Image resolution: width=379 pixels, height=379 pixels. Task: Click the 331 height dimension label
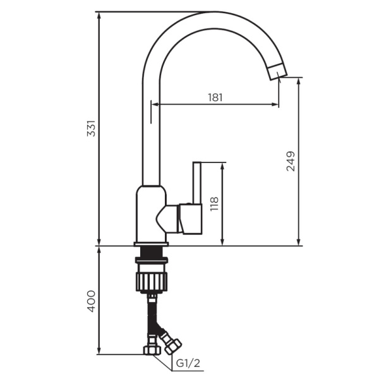pyautogui.click(x=91, y=129)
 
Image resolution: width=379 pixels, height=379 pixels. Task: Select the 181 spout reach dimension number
pyautogui.click(x=215, y=97)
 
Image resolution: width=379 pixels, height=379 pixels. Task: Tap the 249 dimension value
pyautogui.click(x=291, y=162)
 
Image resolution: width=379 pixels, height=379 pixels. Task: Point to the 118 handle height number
pyautogui.click(x=214, y=203)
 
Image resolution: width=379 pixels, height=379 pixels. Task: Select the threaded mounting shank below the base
pyautogui.click(x=151, y=256)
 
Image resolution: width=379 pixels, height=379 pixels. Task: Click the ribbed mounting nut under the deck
pyautogui.click(x=151, y=278)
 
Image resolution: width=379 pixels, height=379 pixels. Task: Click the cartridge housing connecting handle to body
pyautogui.click(x=171, y=217)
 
